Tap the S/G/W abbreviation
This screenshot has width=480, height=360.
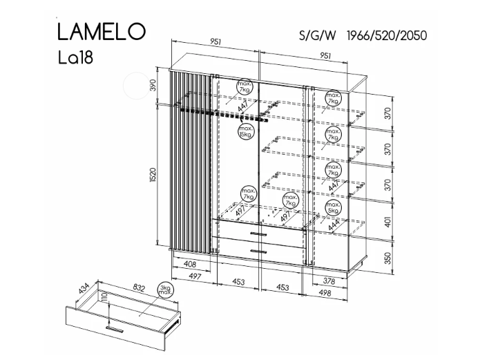coord(316,35)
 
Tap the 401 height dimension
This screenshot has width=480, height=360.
coord(388,222)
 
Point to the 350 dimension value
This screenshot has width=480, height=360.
coord(388,258)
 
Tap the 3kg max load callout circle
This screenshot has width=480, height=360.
coord(164,290)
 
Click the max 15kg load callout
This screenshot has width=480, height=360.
coord(245,131)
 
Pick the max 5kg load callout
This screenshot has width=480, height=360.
coord(333,208)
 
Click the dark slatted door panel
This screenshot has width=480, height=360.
coord(191,159)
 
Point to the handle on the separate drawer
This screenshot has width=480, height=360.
coord(108,328)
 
